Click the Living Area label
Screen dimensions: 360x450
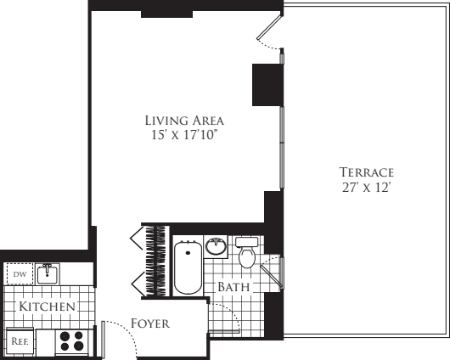coord(183,120)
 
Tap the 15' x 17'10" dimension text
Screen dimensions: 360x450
coord(183,135)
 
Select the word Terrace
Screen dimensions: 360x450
coord(365,172)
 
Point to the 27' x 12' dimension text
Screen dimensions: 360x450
coord(365,188)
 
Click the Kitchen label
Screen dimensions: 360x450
coord(48,306)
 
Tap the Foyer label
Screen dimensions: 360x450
coord(150,323)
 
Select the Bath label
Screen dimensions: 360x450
coord(233,288)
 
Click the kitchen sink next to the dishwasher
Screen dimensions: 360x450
coord(48,274)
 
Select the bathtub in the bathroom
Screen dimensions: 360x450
coord(187,267)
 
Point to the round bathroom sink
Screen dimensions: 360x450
coord(217,247)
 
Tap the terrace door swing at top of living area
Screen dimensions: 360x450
coord(270,37)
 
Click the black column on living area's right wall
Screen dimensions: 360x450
coord(267,84)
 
